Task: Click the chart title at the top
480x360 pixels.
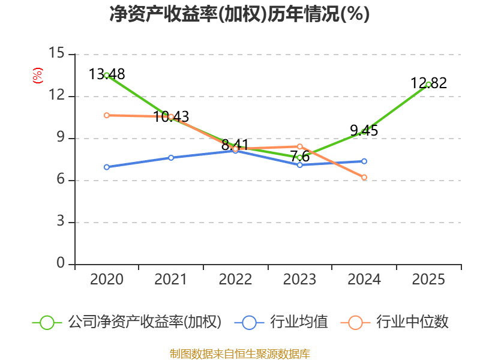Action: click(239, 14)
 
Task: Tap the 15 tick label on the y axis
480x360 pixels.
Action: click(56, 53)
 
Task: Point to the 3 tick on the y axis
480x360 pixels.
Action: click(61, 221)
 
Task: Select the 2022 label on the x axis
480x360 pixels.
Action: click(235, 280)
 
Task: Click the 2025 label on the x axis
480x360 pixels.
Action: click(428, 280)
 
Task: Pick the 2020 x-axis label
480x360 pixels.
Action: click(107, 280)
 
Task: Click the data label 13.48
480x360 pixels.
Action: click(107, 74)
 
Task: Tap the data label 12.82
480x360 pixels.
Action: click(428, 83)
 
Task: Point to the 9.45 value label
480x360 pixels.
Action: click(364, 131)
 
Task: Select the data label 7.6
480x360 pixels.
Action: click(300, 157)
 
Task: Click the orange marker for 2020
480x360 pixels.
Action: click(107, 115)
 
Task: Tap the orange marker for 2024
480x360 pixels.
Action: click(364, 178)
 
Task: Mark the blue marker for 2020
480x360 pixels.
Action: click(107, 167)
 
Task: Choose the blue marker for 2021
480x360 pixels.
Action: click(171, 158)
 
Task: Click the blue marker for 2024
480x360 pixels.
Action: click(364, 161)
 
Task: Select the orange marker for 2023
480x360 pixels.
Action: click(300, 146)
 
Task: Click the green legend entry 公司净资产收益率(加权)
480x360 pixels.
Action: click(127, 322)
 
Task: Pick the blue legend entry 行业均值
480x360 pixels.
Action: click(281, 322)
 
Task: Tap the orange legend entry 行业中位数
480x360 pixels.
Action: click(394, 322)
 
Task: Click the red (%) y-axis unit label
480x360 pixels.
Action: click(38, 76)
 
